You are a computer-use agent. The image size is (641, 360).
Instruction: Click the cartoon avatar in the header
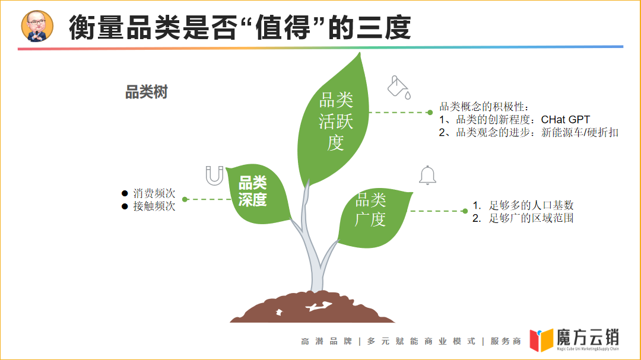point(37,27)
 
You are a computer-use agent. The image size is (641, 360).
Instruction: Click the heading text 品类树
point(147,93)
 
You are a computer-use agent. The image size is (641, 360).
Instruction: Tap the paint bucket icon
point(398,87)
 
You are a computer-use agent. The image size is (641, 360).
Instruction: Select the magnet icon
point(214,176)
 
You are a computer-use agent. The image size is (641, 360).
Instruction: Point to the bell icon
point(427,175)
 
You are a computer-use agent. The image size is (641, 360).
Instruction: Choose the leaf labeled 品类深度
point(255,193)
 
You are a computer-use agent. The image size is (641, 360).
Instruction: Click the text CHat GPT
point(566,120)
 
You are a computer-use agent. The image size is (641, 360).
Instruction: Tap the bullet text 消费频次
point(154,193)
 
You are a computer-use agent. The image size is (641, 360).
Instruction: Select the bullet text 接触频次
point(154,206)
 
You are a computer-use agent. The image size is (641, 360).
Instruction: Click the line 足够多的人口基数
point(531,205)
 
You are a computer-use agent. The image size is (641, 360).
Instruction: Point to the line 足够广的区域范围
point(531,218)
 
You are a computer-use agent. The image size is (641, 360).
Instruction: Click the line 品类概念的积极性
point(483,107)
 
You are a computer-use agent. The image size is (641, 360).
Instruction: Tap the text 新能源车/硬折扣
point(580,132)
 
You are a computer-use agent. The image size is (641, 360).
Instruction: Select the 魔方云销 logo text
point(588,337)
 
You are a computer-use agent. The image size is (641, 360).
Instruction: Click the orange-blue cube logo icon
point(541,340)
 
